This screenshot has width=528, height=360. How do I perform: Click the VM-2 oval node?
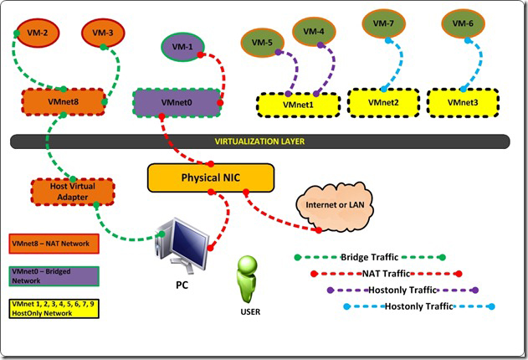(x=38, y=33)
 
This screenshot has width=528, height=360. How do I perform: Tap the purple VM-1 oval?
(x=181, y=46)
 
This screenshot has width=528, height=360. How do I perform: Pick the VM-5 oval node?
(x=263, y=41)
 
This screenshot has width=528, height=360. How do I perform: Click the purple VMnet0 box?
(x=177, y=102)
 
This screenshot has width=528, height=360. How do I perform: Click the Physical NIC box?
(x=210, y=177)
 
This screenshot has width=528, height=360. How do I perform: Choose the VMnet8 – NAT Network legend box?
(x=54, y=244)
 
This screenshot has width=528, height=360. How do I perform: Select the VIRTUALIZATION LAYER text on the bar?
(x=260, y=142)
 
